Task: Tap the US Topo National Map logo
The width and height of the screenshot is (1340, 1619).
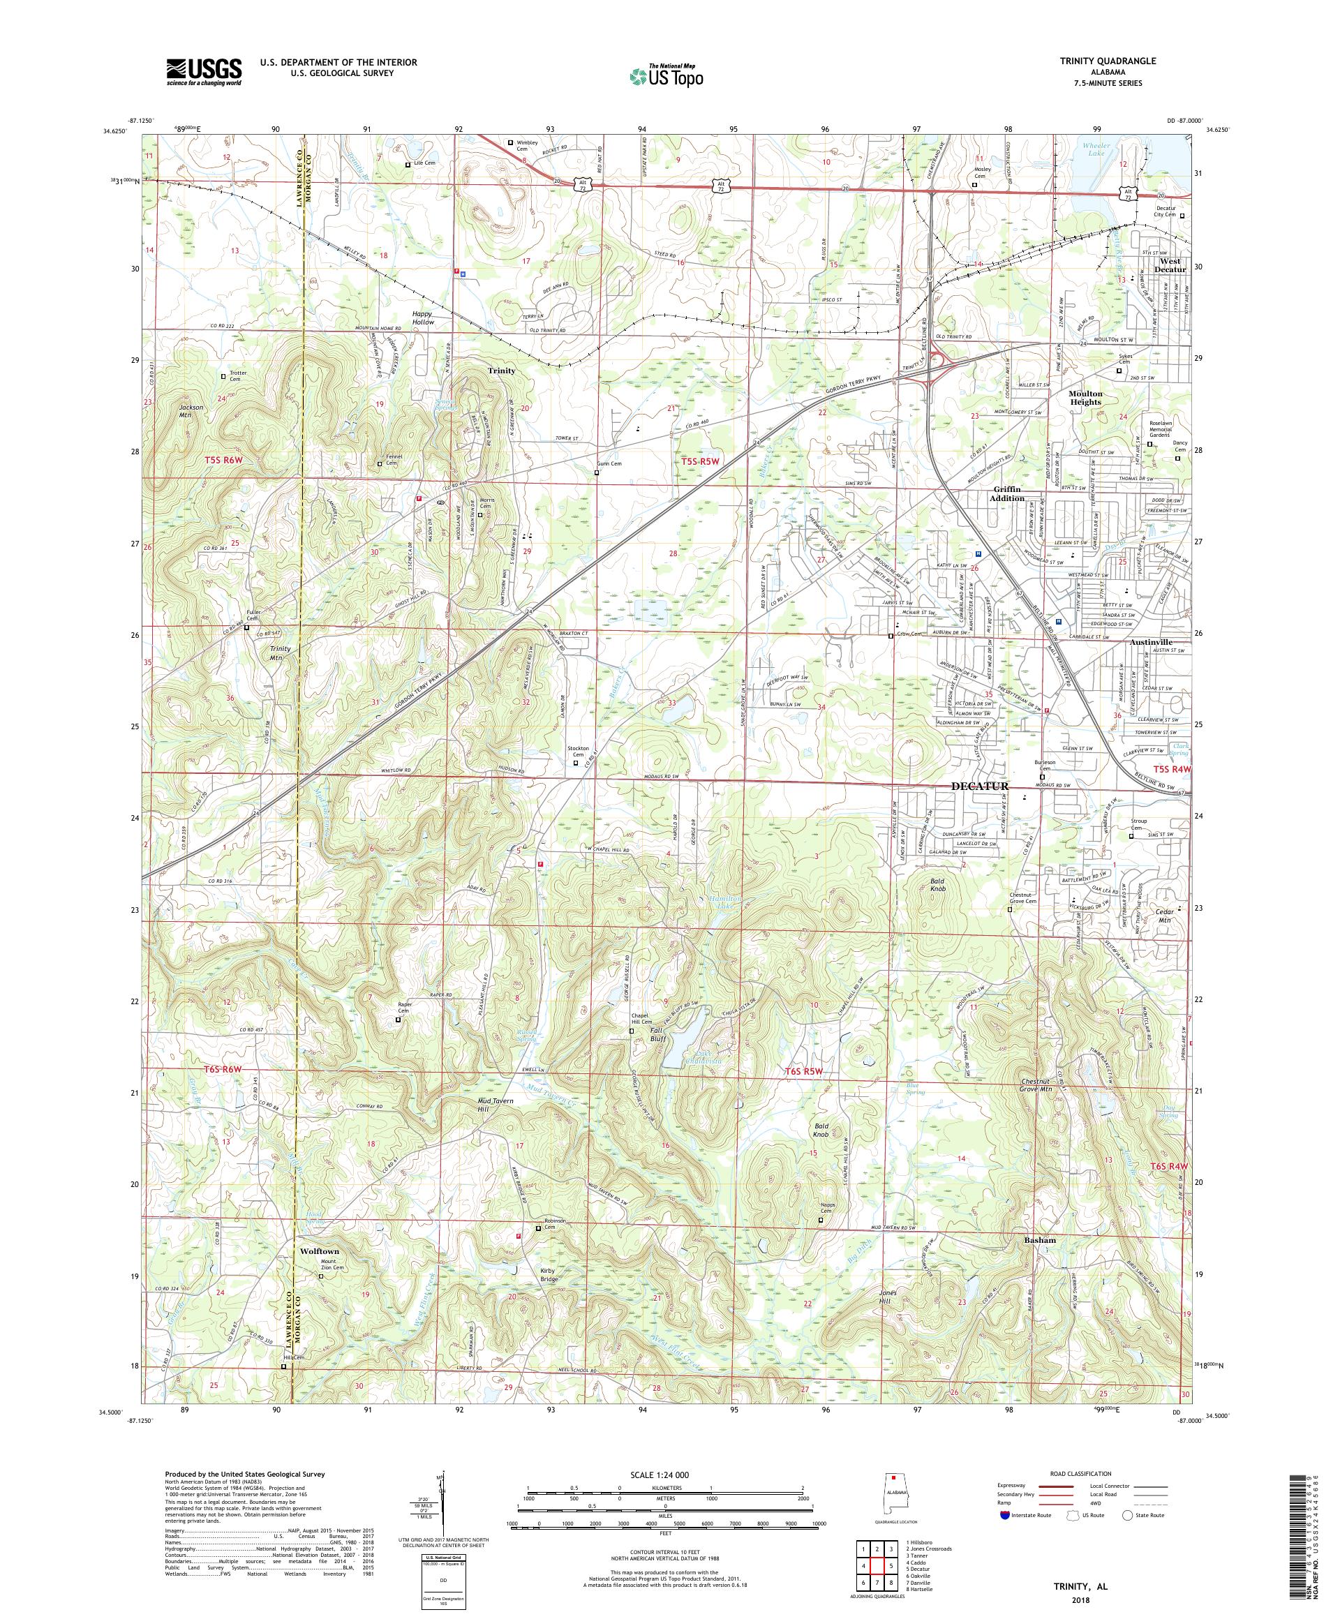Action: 666,75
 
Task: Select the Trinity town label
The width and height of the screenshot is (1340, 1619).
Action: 501,371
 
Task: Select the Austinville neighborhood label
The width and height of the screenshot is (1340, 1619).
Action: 1150,641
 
